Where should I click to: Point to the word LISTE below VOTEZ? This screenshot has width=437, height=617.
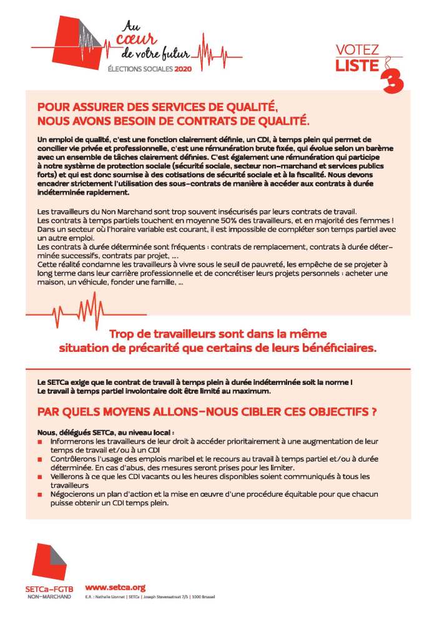coord(357,64)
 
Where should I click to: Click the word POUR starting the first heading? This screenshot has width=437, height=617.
coord(54,106)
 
